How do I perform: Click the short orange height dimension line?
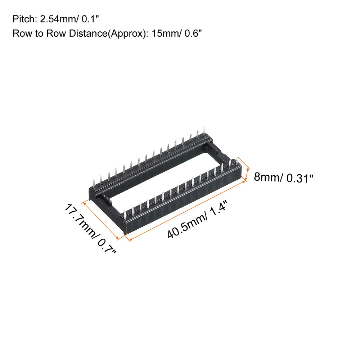click(x=248, y=173)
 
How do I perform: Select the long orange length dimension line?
click(x=187, y=210)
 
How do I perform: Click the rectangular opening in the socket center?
click(x=162, y=169)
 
